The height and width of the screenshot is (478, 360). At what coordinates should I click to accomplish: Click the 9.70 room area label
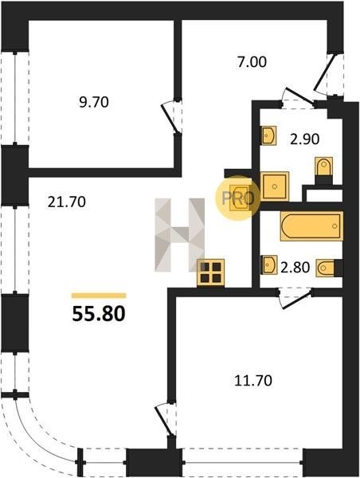(x=93, y=102)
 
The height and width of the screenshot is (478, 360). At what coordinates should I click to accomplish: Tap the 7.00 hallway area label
(x=252, y=62)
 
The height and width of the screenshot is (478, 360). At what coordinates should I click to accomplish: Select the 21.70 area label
(x=66, y=202)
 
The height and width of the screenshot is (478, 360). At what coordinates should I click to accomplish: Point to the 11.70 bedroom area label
(x=253, y=381)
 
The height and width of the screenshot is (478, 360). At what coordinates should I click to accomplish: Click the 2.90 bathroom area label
(x=304, y=139)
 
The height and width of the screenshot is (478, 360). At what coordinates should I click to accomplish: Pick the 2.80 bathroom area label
(x=295, y=268)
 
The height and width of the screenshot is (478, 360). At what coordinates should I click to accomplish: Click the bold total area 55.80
(x=99, y=314)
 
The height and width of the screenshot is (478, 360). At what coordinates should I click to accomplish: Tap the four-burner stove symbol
(x=210, y=272)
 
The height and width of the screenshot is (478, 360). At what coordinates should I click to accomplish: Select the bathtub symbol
(x=311, y=226)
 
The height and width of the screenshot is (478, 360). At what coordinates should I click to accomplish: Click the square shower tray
(x=274, y=186)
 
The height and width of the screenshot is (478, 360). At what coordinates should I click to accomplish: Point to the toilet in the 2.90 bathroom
(x=323, y=170)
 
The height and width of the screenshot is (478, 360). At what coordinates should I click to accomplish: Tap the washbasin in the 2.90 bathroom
(x=268, y=135)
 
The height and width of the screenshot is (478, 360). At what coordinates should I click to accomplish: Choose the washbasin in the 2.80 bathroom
(x=269, y=265)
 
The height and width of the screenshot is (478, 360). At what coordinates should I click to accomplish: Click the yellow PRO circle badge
(x=238, y=198)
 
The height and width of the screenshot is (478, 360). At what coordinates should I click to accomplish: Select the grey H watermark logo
(x=179, y=234)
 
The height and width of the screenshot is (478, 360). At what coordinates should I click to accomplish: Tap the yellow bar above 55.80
(x=99, y=296)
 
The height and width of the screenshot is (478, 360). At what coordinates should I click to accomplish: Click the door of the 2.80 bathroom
(x=295, y=299)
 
